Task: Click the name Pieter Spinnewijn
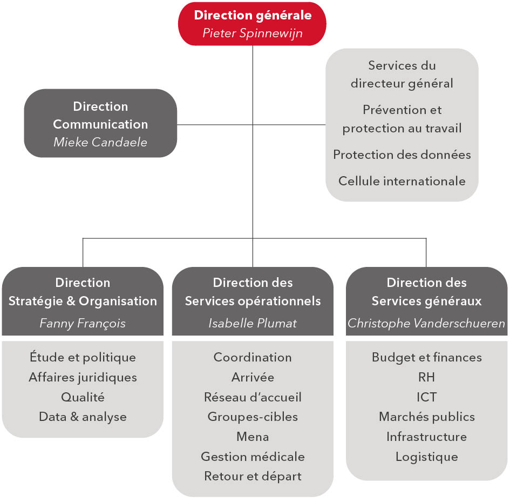(x=253, y=33)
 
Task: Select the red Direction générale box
(x=252, y=24)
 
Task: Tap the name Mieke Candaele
(x=100, y=142)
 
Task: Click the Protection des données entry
(x=402, y=155)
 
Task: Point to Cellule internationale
(x=402, y=181)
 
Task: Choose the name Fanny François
(x=83, y=324)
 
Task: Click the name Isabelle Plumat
(x=253, y=323)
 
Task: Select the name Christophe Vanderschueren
(x=426, y=323)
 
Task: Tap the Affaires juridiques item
(x=83, y=378)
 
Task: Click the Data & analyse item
(x=83, y=417)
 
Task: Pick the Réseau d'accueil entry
(x=253, y=397)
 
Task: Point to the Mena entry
(x=253, y=437)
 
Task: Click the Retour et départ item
(x=253, y=476)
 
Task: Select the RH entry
(x=426, y=377)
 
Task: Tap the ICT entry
(x=426, y=397)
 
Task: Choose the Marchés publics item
(x=427, y=417)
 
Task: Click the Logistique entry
(x=427, y=457)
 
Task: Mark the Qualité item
(x=83, y=397)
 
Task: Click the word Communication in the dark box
(x=100, y=124)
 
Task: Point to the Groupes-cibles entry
(x=253, y=417)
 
